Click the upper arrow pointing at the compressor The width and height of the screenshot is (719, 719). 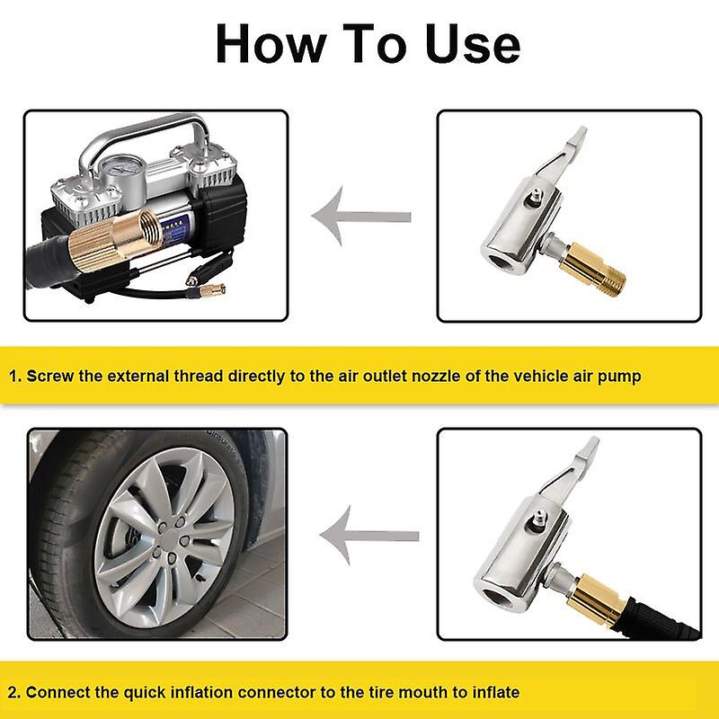(x=360, y=217)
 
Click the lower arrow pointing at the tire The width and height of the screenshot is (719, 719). (x=368, y=536)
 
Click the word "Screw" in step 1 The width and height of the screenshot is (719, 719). (x=49, y=376)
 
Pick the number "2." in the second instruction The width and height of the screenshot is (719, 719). (x=15, y=692)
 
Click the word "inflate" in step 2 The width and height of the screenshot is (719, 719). (x=493, y=692)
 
